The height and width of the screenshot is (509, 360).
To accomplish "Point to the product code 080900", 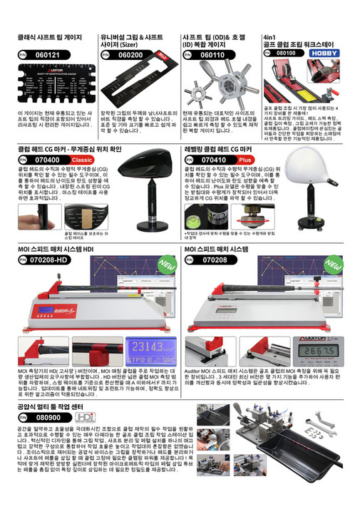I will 48,416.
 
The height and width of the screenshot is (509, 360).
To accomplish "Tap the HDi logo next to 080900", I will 85,416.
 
